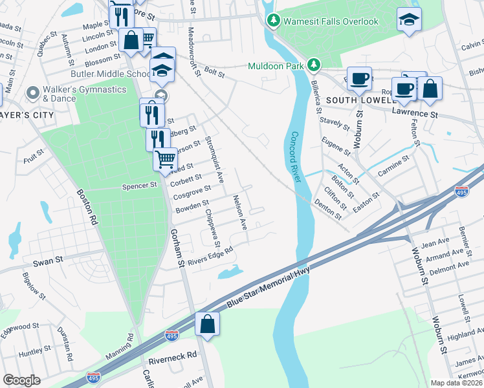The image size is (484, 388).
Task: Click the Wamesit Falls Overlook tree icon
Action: [x=274, y=21]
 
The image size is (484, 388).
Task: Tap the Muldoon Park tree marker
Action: [x=314, y=65]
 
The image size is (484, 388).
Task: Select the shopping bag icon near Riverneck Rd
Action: [x=207, y=325]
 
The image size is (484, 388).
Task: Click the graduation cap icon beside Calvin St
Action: [x=409, y=20]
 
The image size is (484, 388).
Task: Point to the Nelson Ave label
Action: [x=240, y=213]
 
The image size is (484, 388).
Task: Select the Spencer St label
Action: [x=140, y=185]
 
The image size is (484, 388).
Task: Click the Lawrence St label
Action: [x=415, y=114]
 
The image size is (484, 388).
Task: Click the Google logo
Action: [x=21, y=380]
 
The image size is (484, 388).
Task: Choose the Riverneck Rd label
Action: [x=172, y=356]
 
